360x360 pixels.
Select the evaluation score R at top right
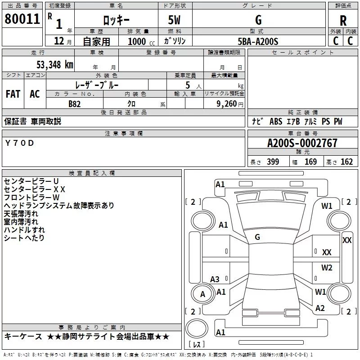tap(343, 20)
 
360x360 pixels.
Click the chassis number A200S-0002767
tap(302, 143)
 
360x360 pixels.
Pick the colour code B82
tap(75, 103)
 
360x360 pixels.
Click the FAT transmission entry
tap(13, 94)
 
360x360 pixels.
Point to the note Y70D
tap(19, 143)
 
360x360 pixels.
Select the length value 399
tap(273, 162)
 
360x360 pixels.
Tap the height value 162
tap(346, 162)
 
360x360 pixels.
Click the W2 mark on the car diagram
tap(326, 268)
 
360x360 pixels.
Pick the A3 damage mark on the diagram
tap(215, 279)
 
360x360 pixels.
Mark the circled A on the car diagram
tap(202, 294)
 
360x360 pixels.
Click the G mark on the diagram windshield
tap(257, 237)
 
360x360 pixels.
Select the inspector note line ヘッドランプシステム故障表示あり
tap(58, 205)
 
